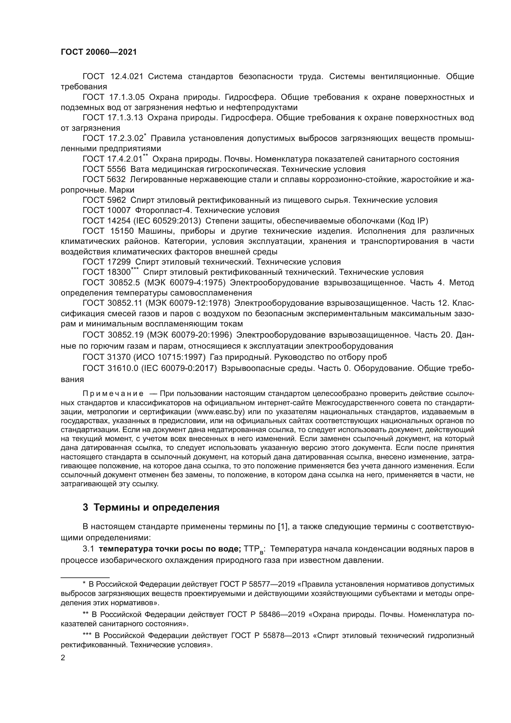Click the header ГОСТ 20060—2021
(x=99, y=52)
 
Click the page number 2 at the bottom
(x=63, y=658)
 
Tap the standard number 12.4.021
(x=127, y=77)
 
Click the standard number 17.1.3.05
(x=127, y=97)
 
